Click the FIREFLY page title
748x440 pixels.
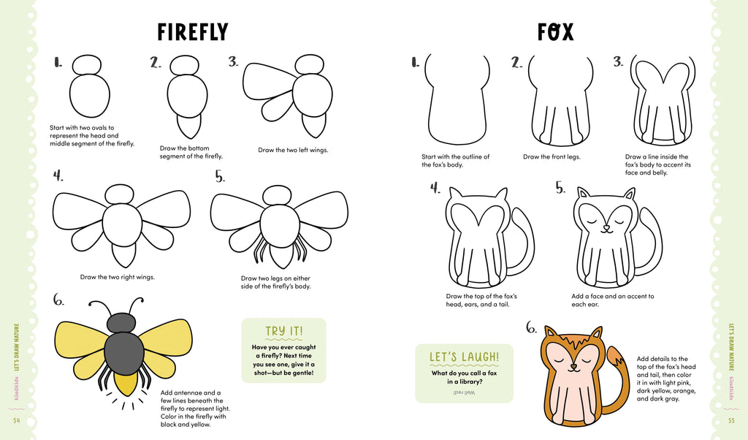coord(193,32)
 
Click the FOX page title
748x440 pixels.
coord(555,32)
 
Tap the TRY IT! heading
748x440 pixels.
coord(283,331)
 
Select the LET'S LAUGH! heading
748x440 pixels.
coord(464,357)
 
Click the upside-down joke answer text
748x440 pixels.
coord(464,392)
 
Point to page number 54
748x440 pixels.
coord(16,420)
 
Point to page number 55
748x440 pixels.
coord(731,420)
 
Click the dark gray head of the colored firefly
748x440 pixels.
coord(121,322)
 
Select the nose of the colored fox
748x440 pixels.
coord(573,365)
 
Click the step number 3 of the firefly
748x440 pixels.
coord(233,62)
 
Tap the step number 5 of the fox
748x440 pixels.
coord(560,188)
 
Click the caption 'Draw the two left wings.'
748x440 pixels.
coord(293,150)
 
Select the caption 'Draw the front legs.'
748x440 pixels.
coord(552,156)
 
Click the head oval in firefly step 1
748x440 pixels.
coord(86,64)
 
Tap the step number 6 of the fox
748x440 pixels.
coord(531,328)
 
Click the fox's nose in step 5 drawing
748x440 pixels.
coord(606,228)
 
